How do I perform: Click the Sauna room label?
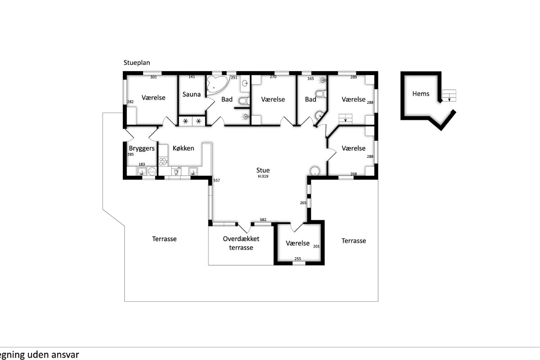(x=191, y=94)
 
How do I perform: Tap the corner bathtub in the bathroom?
(x=217, y=85)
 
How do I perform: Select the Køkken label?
(x=183, y=148)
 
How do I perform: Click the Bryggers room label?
(x=142, y=148)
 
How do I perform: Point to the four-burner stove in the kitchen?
(x=163, y=162)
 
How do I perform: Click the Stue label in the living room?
(x=263, y=170)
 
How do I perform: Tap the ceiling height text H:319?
(x=263, y=176)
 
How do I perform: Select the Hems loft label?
(x=421, y=94)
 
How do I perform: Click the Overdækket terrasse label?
(x=241, y=243)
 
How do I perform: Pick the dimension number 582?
(x=263, y=220)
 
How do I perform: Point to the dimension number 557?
(x=216, y=180)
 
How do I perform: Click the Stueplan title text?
(x=137, y=63)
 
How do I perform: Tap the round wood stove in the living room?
(x=315, y=171)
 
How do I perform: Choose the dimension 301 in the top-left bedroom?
(x=153, y=77)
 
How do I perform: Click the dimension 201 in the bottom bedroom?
(x=316, y=247)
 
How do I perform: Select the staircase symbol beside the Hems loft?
(x=449, y=95)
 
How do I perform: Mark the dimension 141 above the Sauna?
(x=192, y=77)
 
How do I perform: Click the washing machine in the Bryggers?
(x=152, y=171)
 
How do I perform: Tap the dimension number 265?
(x=303, y=203)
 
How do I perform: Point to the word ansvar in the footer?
(x=65, y=355)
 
